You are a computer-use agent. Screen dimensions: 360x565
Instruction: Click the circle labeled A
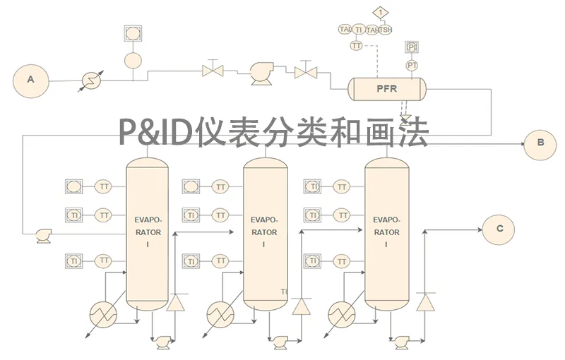coord(30,80)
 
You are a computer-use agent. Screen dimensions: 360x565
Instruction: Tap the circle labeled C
coord(499,228)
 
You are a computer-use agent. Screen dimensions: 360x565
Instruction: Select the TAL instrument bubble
coord(345,29)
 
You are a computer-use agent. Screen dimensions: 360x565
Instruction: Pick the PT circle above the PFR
coord(412,65)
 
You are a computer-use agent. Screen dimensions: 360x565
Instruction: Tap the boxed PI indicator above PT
coord(412,47)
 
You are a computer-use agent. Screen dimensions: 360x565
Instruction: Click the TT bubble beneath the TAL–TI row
coord(357,45)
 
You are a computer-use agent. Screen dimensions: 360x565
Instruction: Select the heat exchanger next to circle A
coord(91,80)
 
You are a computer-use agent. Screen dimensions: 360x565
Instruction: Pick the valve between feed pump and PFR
coord(305,71)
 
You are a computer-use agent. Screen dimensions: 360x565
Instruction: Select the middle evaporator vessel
coord(265,233)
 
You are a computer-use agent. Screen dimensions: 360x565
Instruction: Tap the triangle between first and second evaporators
coord(175,302)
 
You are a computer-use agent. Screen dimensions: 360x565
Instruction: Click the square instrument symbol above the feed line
coord(132,33)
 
